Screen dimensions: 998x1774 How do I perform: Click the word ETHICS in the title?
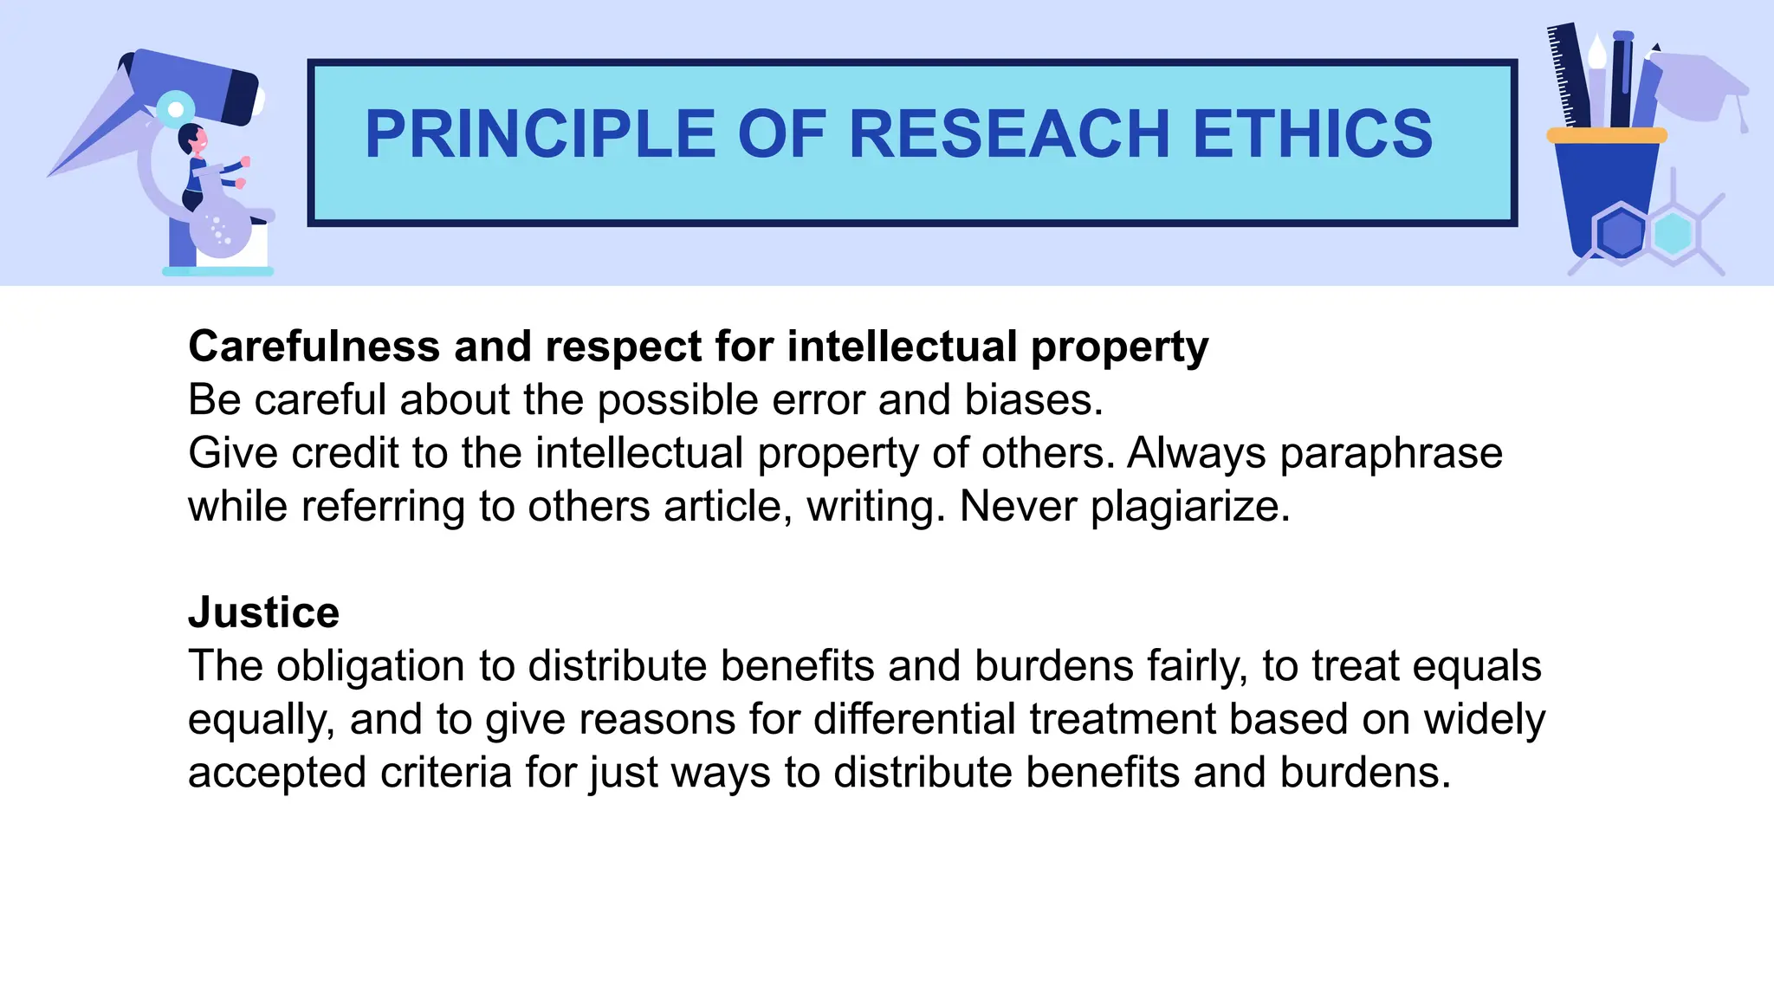tap(1312, 134)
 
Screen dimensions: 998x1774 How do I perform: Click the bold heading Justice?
tap(263, 612)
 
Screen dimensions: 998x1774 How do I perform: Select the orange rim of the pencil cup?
tap(1606, 135)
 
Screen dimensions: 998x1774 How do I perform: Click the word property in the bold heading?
tap(1119, 347)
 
